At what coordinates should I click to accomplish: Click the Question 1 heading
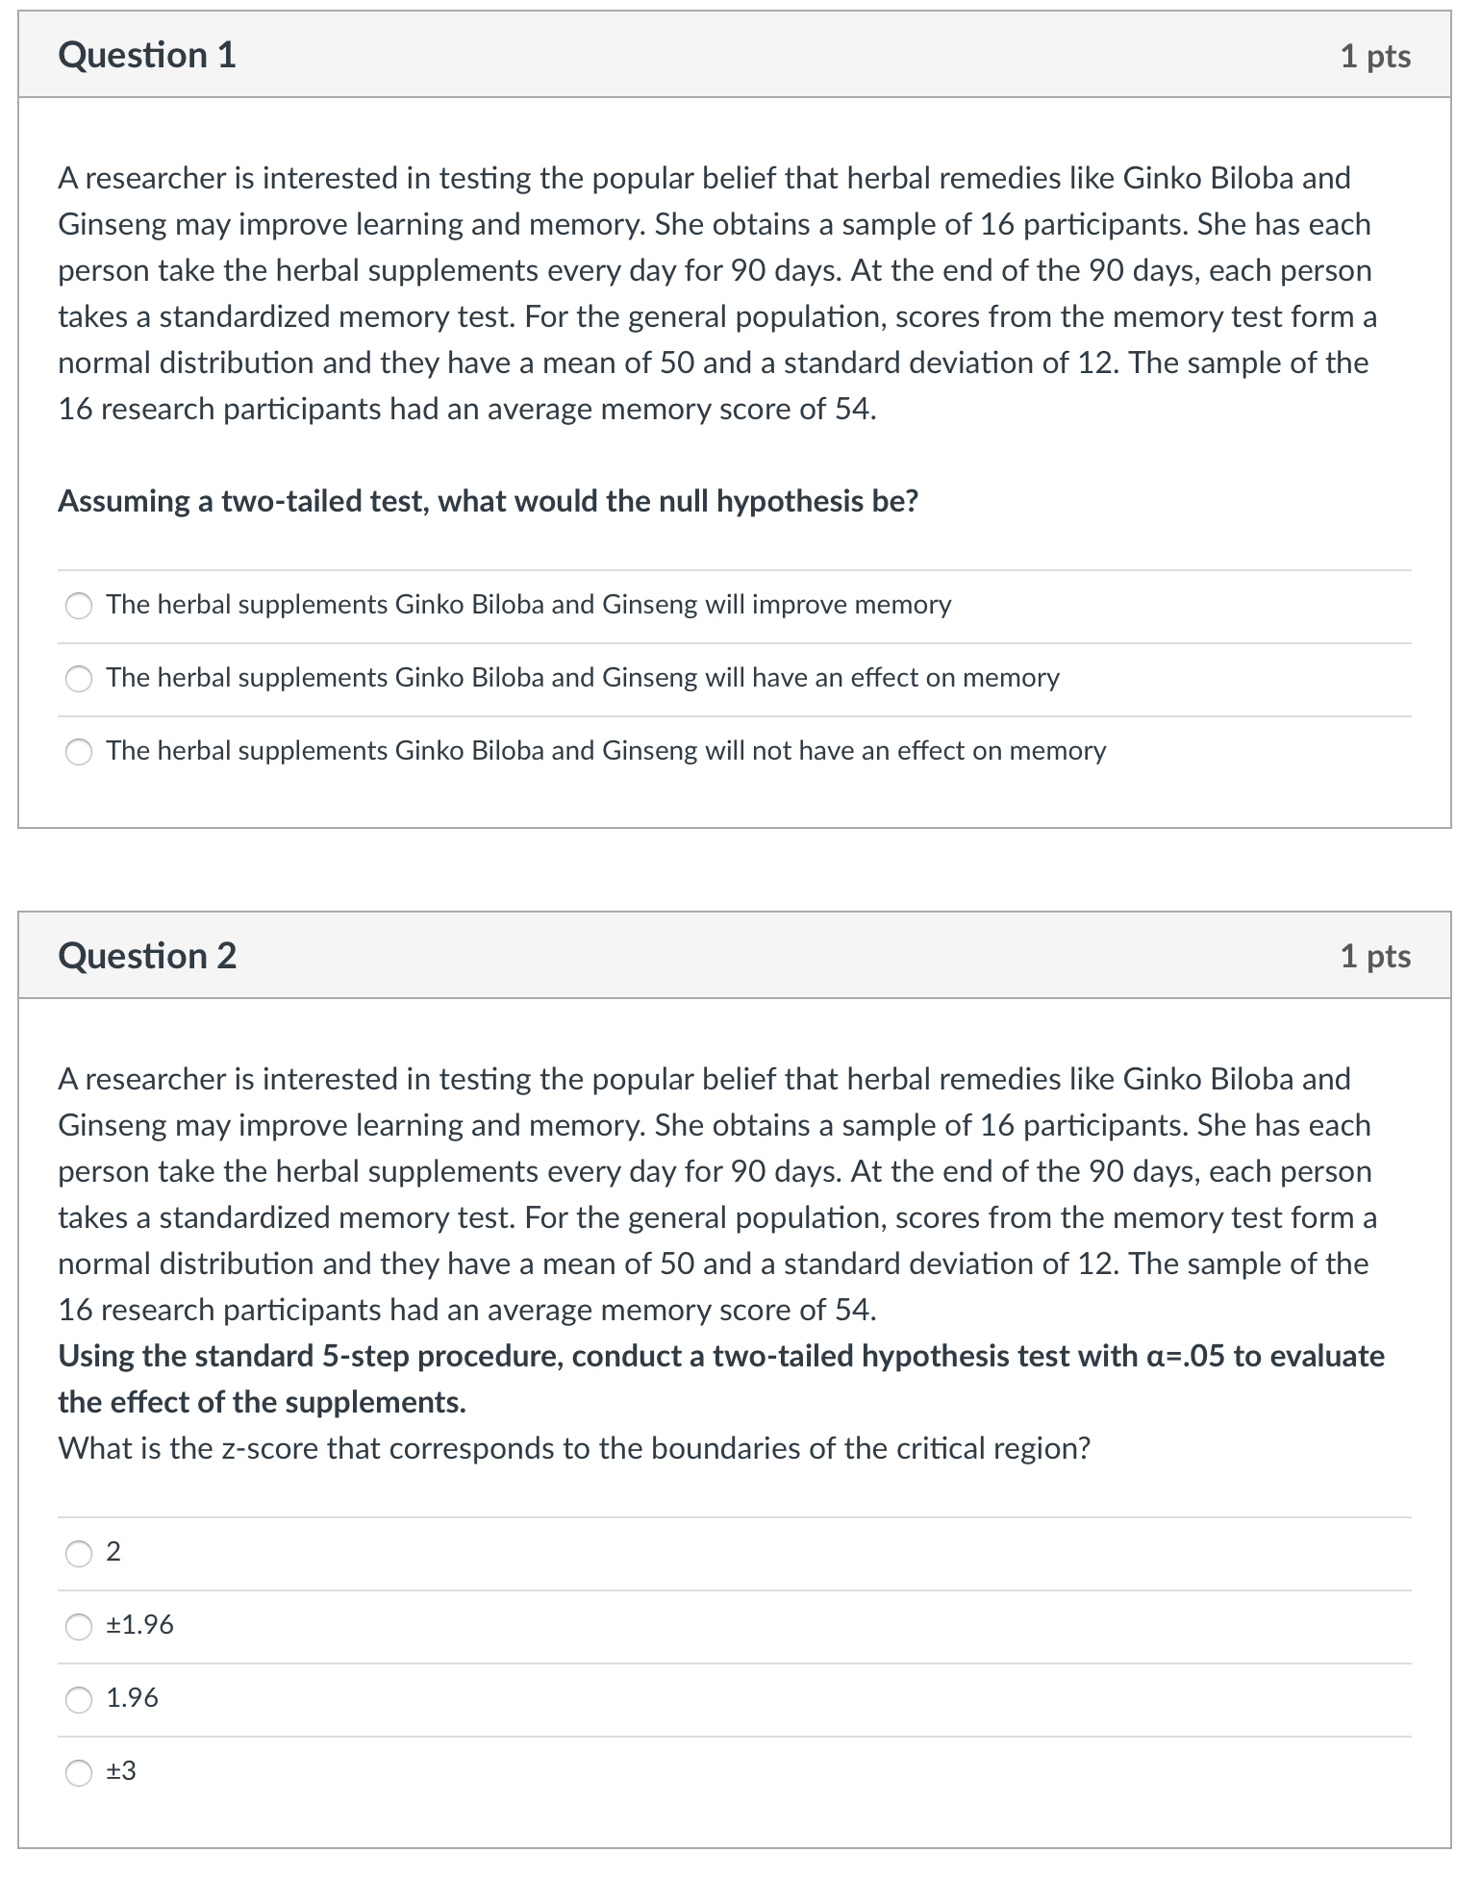tap(147, 55)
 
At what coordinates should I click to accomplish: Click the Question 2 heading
tap(147, 956)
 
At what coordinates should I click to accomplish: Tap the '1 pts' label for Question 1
tap(1375, 56)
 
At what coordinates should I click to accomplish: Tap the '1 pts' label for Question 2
tap(1375, 956)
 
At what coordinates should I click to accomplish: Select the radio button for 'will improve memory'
tap(79, 606)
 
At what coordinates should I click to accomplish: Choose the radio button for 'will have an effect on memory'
tap(79, 679)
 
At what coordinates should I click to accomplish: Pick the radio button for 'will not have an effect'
tap(79, 752)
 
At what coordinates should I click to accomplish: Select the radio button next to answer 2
tap(79, 1553)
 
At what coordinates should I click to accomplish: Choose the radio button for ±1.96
tap(79, 1626)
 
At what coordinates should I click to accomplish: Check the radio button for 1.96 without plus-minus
tap(79, 1699)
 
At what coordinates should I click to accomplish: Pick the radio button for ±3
tap(79, 1772)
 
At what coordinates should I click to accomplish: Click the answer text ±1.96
tap(139, 1625)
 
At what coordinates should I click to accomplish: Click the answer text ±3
tap(121, 1771)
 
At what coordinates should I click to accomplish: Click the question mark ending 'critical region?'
tap(1084, 1449)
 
